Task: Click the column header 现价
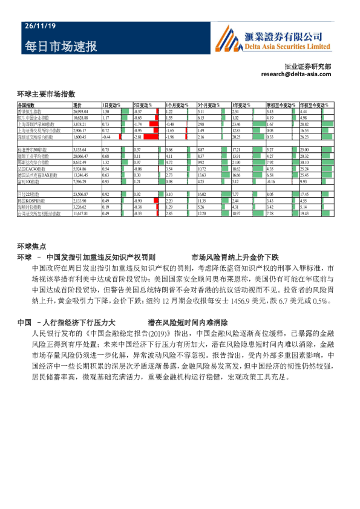coord(77,106)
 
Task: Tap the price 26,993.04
coord(80,112)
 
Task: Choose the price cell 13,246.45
coord(80,175)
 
